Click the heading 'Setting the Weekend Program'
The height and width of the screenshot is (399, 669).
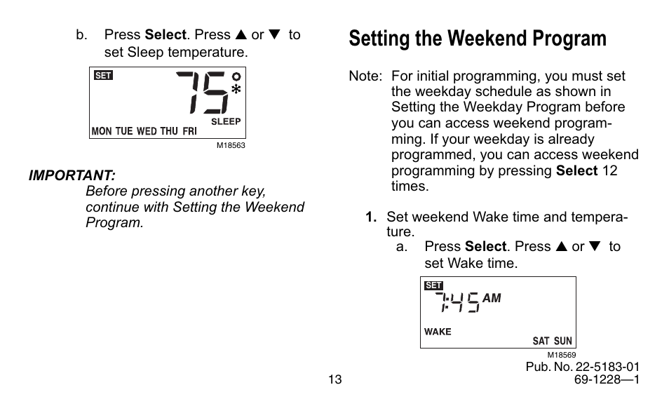tap(477, 39)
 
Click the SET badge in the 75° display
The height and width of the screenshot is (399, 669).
tap(103, 76)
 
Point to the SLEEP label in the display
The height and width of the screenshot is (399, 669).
tap(226, 121)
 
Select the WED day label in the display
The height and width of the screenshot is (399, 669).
tap(147, 131)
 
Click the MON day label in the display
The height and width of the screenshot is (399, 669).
tap(102, 131)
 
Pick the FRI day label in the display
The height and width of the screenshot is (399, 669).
tap(190, 131)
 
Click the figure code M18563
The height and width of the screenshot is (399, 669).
tap(230, 146)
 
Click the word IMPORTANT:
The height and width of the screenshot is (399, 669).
tap(72, 175)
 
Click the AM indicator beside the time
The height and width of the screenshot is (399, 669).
tap(492, 298)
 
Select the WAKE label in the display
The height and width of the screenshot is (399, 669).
tap(438, 332)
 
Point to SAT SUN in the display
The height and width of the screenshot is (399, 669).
tap(552, 341)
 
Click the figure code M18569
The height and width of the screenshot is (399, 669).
tap(560, 355)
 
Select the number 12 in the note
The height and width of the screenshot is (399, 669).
tap(609, 170)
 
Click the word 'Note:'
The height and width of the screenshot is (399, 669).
tap(365, 76)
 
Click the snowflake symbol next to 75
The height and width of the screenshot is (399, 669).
tap(236, 90)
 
